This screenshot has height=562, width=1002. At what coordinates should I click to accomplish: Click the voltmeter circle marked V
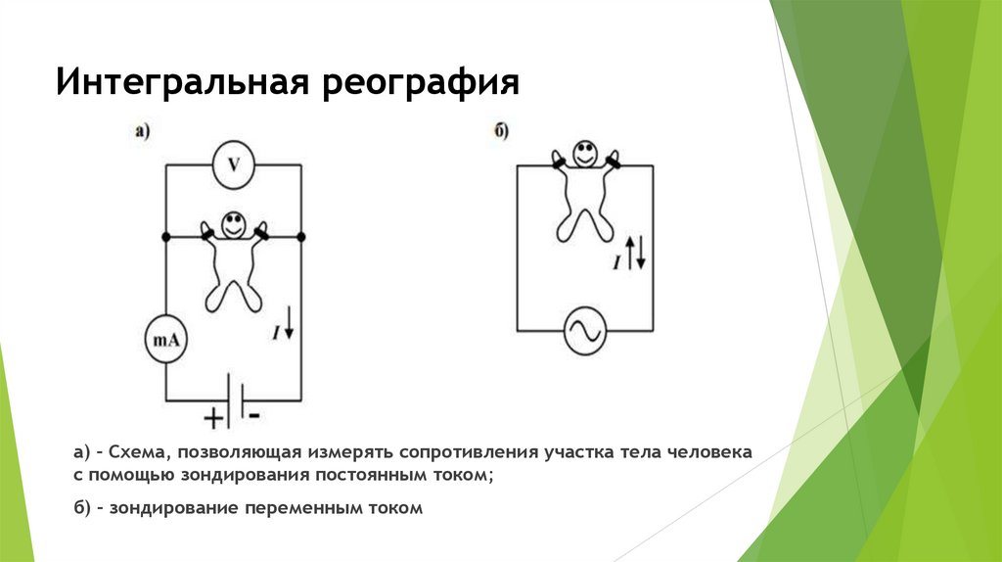(x=233, y=166)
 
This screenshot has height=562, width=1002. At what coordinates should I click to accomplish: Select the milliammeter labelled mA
(x=165, y=341)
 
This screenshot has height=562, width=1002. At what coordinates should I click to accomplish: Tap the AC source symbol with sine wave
(x=584, y=330)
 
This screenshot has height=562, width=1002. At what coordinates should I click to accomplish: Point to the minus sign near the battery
(x=254, y=415)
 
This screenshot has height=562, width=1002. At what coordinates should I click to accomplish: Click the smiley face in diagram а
(x=233, y=223)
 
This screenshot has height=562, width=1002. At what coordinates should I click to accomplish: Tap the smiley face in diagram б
(x=585, y=154)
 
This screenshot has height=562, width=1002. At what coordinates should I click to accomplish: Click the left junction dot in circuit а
(x=164, y=237)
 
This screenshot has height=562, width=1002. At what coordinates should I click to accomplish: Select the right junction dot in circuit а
(x=301, y=237)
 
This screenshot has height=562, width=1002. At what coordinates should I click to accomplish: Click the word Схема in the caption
(x=137, y=453)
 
